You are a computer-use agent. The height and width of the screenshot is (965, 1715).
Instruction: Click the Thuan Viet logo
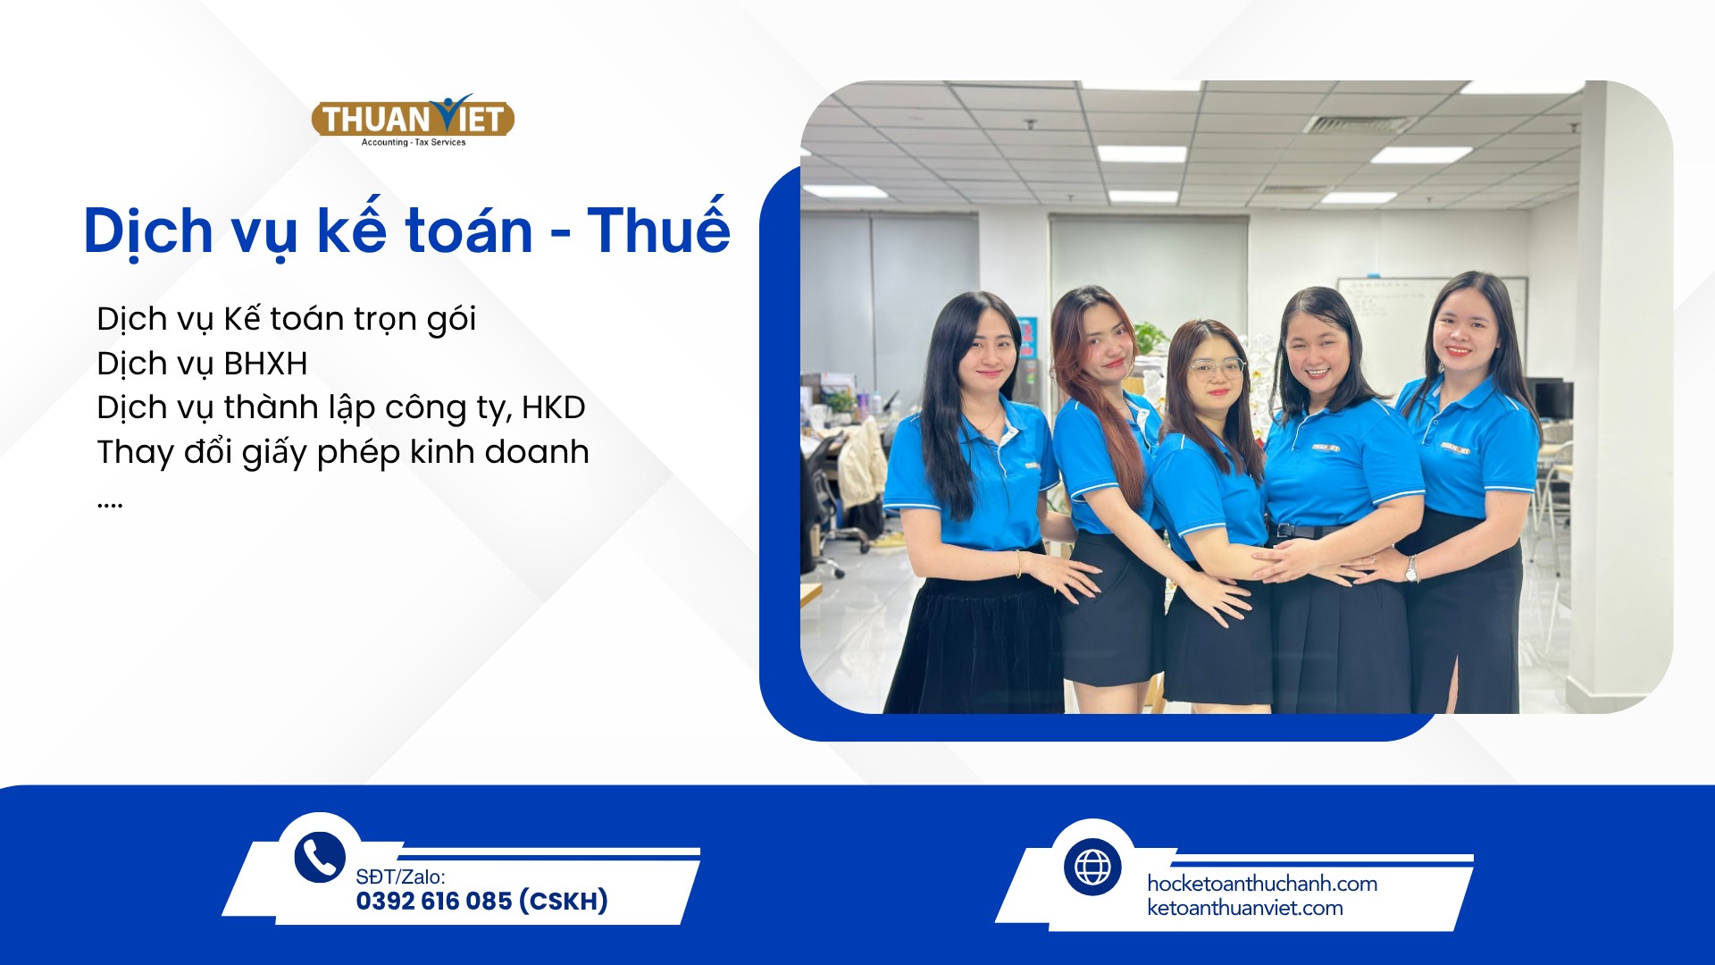tap(413, 120)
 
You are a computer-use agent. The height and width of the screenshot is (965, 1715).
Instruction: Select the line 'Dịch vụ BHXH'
tap(202, 365)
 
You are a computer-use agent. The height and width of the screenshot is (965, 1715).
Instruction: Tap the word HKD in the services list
tap(554, 407)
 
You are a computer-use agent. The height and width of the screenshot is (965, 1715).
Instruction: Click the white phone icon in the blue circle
tap(319, 857)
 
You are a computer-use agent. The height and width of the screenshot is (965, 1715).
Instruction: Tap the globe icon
tap(1092, 867)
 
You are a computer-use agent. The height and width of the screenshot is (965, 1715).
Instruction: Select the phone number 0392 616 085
tap(434, 901)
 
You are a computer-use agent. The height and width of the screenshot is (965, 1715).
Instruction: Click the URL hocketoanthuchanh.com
tap(1262, 884)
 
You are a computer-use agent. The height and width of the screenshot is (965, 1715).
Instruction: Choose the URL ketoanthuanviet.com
tap(1245, 908)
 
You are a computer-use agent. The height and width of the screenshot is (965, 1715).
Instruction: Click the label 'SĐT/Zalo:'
tap(400, 877)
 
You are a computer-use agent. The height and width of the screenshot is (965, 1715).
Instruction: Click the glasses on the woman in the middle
tap(1217, 367)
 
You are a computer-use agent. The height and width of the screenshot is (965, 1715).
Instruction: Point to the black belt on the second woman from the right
tap(1306, 531)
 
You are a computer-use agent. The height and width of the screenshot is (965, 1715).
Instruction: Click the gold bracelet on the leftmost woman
tap(1018, 564)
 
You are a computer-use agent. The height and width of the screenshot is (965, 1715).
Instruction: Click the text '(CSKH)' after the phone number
tap(564, 901)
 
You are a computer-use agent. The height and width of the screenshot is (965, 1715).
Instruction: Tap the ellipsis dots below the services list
tap(109, 507)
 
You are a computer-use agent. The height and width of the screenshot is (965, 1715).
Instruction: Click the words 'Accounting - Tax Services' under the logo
tap(414, 142)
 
